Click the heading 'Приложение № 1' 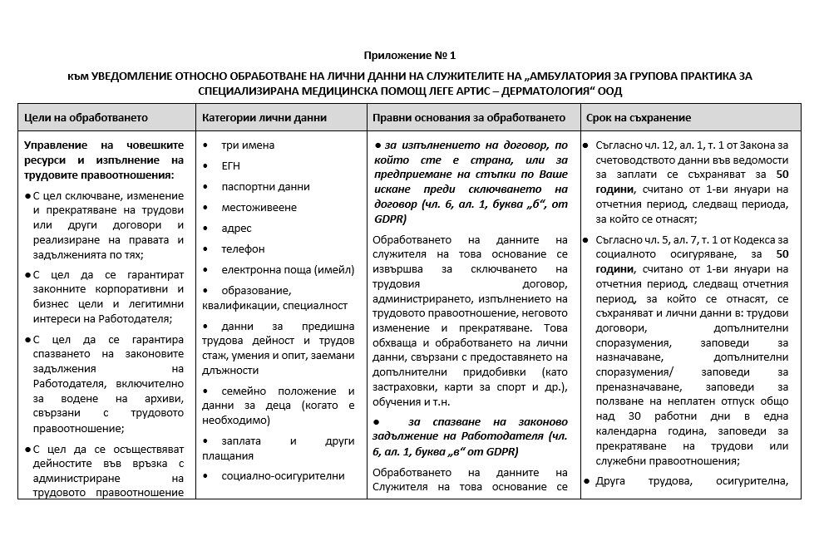(x=409, y=56)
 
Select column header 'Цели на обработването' (x=86, y=118)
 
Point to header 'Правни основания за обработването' (x=469, y=118)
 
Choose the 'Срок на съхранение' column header (x=638, y=118)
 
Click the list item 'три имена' (x=248, y=145)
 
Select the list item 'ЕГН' (x=230, y=166)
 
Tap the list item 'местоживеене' (x=259, y=208)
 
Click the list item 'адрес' (x=236, y=229)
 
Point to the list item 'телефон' (x=243, y=249)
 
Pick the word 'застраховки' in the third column (x=402, y=386)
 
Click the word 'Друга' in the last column (x=614, y=480)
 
